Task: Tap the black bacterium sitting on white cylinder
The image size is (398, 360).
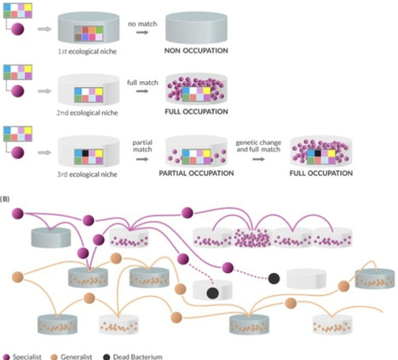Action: [212, 293]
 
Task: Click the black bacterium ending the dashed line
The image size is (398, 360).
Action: [274, 278]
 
